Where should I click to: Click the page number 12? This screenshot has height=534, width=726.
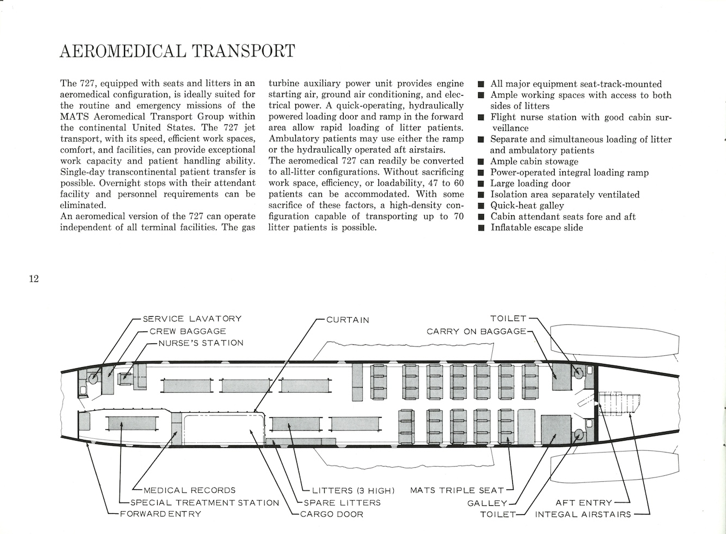pyautogui.click(x=34, y=279)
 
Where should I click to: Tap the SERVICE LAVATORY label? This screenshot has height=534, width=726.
pyautogui.click(x=192, y=319)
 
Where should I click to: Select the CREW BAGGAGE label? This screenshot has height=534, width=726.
pyautogui.click(x=188, y=331)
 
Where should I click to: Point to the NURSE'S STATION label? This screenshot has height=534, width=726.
pyautogui.click(x=201, y=343)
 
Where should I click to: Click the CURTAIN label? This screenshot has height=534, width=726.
pyautogui.click(x=348, y=320)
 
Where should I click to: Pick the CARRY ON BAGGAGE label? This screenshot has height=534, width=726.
pyautogui.click(x=476, y=331)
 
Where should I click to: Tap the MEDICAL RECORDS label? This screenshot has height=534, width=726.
pyautogui.click(x=190, y=491)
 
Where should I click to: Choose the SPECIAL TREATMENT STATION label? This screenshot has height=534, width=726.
pyautogui.click(x=205, y=502)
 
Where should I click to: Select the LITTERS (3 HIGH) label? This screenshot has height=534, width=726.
pyautogui.click(x=353, y=491)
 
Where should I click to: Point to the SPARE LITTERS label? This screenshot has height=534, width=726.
pyautogui.click(x=342, y=502)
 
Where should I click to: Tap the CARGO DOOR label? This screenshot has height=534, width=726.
pyautogui.click(x=332, y=514)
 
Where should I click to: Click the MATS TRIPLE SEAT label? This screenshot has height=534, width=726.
pyautogui.click(x=457, y=491)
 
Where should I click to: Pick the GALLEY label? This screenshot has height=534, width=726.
pyautogui.click(x=487, y=503)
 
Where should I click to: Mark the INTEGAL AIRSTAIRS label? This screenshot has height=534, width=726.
pyautogui.click(x=584, y=514)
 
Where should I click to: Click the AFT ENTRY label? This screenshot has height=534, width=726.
pyautogui.click(x=584, y=503)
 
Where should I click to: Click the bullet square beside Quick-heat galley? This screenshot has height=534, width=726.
pyautogui.click(x=481, y=206)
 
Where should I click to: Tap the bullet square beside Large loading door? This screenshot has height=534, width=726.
pyautogui.click(x=481, y=184)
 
